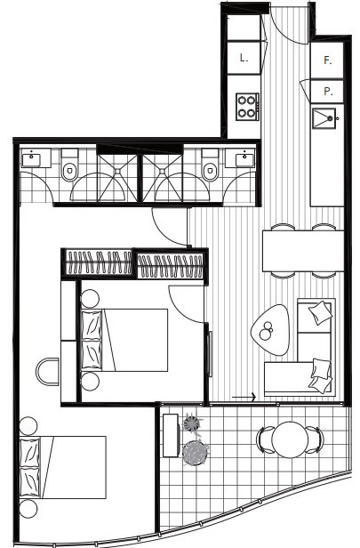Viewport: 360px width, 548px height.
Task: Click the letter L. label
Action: click(244, 58)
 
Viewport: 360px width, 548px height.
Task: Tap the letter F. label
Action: click(327, 60)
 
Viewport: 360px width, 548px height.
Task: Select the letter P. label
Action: click(328, 92)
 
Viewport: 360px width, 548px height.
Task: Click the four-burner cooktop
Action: click(247, 107)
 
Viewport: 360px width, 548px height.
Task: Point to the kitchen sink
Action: click(325, 118)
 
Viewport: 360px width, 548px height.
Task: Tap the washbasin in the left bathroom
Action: click(31, 159)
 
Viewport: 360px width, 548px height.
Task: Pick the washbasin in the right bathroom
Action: click(245, 159)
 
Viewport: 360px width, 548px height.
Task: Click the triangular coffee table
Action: click(270, 330)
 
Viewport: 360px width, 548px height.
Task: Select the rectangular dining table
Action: click(303, 251)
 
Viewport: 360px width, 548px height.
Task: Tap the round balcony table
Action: click(290, 439)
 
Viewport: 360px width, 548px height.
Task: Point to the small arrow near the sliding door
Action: click(244, 397)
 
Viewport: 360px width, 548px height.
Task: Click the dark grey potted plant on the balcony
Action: click(196, 453)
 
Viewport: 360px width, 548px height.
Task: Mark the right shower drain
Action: click(162, 171)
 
